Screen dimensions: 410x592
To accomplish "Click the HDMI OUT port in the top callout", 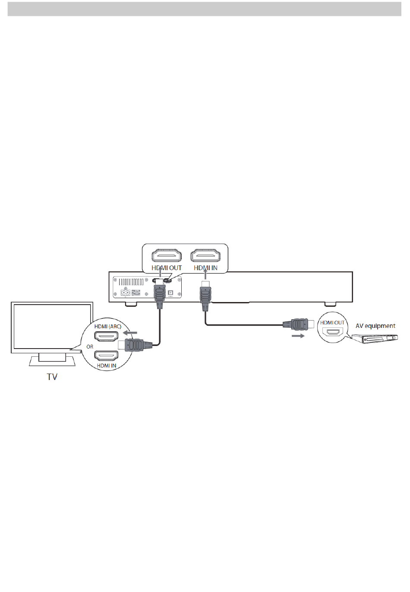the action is pyautogui.click(x=166, y=255).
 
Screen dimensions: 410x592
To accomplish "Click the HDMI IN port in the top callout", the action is pyautogui.click(x=205, y=255).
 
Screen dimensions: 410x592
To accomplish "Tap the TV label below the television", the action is pyautogui.click(x=52, y=377).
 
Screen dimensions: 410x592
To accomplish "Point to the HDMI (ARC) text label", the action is pyautogui.click(x=108, y=327).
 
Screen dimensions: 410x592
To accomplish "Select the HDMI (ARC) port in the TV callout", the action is pyautogui.click(x=106, y=336).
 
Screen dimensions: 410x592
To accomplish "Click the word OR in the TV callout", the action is pyautogui.click(x=90, y=346).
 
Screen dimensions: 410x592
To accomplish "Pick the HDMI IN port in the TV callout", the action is pyautogui.click(x=106, y=356).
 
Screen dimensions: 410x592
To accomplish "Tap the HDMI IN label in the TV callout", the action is pyautogui.click(x=107, y=366).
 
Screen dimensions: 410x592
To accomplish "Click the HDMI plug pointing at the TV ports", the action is pyautogui.click(x=135, y=345).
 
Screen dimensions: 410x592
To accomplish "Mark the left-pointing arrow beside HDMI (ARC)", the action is pyautogui.click(x=130, y=333).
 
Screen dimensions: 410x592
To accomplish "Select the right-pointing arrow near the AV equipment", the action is pyautogui.click(x=298, y=336).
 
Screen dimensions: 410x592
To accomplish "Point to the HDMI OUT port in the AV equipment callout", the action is pyautogui.click(x=332, y=333).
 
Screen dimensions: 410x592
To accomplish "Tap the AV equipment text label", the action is pyautogui.click(x=375, y=326).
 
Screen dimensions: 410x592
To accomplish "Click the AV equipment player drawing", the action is pyautogui.click(x=374, y=338).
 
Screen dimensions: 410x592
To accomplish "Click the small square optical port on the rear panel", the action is pyautogui.click(x=170, y=293).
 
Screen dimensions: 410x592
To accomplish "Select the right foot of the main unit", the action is pyautogui.click(x=330, y=304).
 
